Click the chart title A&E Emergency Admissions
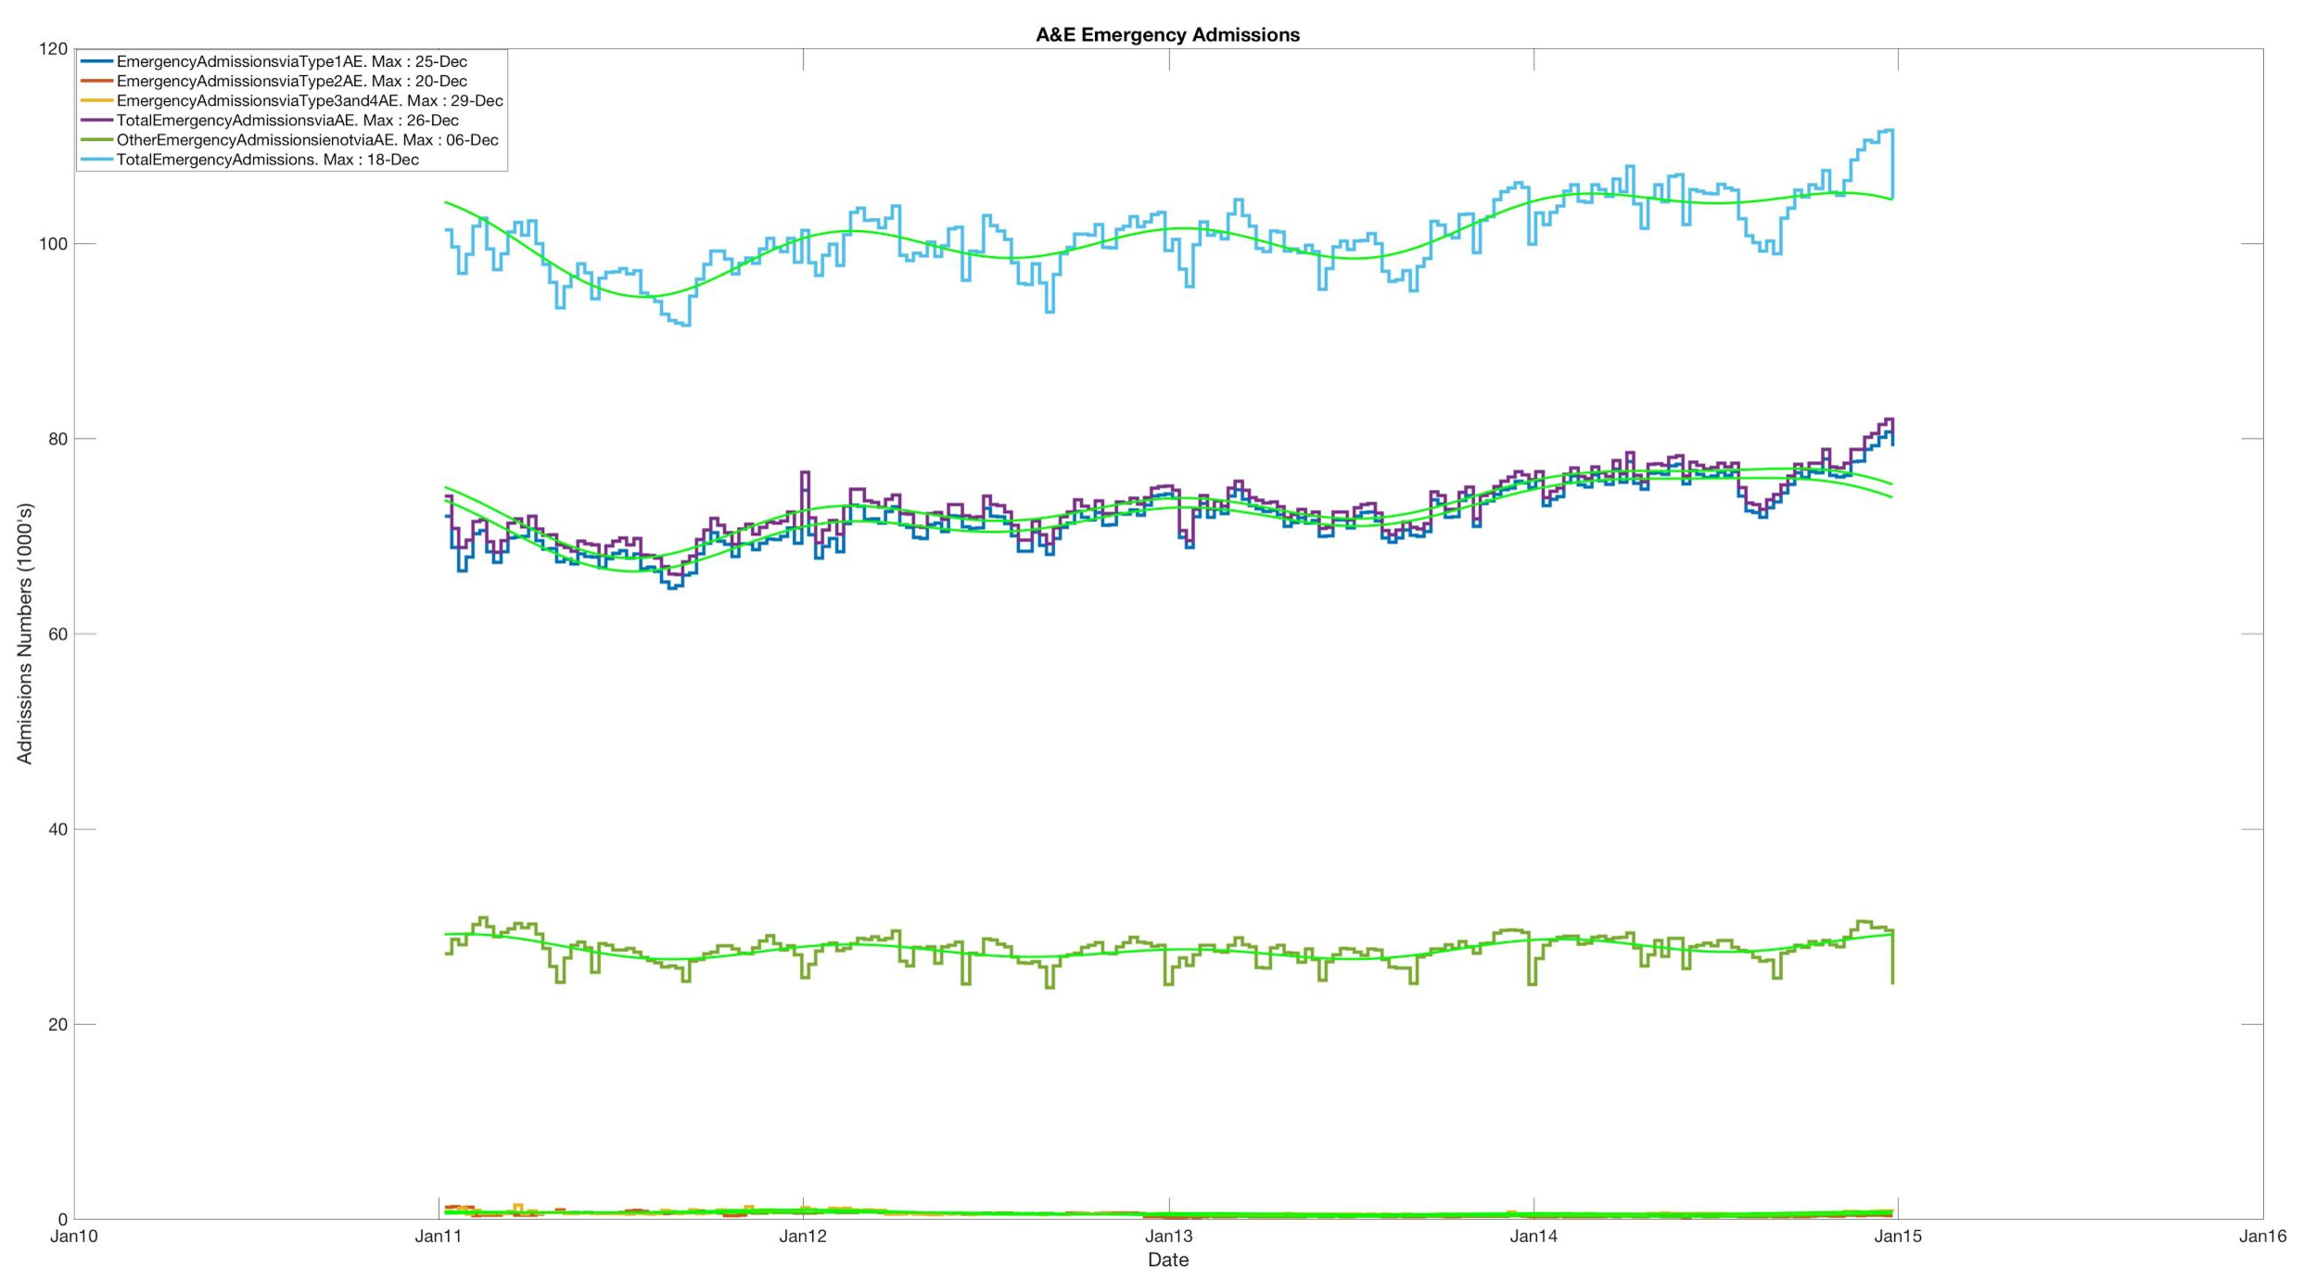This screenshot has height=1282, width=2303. (1167, 35)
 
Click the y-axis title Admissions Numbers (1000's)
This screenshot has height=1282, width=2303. (24, 634)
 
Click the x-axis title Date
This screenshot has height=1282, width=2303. (1167, 1260)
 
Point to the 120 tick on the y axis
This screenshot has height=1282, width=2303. (53, 49)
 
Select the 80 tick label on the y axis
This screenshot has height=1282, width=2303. (57, 439)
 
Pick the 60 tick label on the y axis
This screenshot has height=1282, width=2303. (57, 635)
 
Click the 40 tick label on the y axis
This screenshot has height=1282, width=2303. (57, 829)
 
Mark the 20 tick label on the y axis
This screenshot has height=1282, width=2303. (57, 1024)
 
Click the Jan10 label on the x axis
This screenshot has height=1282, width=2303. (74, 1236)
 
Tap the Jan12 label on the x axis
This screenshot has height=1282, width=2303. (803, 1236)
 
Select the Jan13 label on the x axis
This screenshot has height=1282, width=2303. (1168, 1236)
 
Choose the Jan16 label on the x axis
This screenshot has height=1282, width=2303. (2262, 1236)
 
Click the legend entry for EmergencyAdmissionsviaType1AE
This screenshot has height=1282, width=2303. (291, 62)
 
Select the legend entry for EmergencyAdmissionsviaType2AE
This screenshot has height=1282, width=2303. (291, 82)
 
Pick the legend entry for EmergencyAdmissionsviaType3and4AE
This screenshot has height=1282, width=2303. (309, 101)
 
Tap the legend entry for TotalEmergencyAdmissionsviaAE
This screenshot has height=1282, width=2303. (286, 121)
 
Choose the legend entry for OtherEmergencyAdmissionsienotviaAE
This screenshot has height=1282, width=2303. (307, 140)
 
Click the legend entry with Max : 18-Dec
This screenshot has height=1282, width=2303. (267, 160)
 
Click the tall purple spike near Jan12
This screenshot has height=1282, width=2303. (805, 475)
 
